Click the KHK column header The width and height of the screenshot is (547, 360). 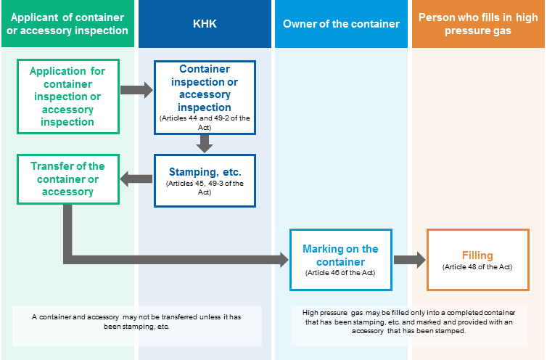click(205, 24)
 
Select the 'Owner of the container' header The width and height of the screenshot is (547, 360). click(341, 24)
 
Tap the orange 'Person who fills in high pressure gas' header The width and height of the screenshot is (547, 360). click(478, 24)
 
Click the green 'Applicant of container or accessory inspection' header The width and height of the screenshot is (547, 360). click(67, 24)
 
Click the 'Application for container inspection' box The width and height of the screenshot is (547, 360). click(68, 97)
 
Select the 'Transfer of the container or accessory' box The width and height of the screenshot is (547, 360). click(68, 179)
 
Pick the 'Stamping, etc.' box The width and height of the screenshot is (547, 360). click(205, 181)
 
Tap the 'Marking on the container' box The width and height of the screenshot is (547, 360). click(341, 260)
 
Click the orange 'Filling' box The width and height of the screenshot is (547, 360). click(478, 260)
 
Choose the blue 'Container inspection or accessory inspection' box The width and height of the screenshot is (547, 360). click(205, 97)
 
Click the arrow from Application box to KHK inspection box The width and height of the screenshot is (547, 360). click(136, 90)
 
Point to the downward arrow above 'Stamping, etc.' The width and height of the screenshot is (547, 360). click(205, 144)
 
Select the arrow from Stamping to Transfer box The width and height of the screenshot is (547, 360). click(136, 179)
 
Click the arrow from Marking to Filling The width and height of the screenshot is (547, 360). click(410, 260)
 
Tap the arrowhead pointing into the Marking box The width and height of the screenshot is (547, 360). click(283, 260)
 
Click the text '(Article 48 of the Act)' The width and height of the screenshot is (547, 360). click(477, 267)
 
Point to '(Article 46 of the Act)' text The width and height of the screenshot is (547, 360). click(340, 273)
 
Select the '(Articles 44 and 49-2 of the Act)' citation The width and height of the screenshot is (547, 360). click(205, 123)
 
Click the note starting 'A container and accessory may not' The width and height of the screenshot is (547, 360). click(136, 322)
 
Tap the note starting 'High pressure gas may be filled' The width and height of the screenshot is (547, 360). click(409, 322)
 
